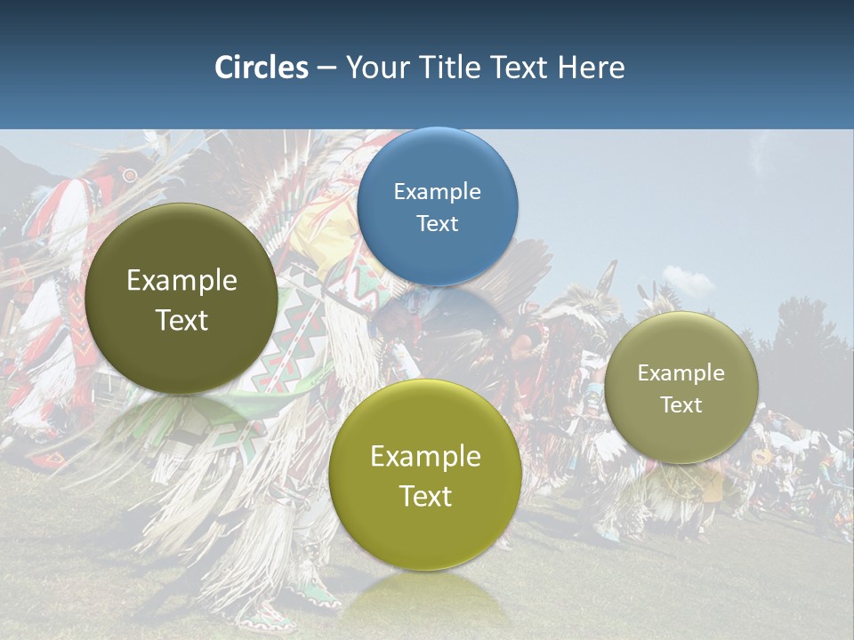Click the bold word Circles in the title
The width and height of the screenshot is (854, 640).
(x=262, y=68)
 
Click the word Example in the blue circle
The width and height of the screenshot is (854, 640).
(x=437, y=192)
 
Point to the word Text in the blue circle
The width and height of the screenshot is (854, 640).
(x=437, y=224)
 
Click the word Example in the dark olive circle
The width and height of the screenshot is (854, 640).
(x=181, y=281)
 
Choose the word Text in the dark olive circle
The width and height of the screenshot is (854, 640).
(x=181, y=320)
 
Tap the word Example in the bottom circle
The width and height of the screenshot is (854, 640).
(x=425, y=457)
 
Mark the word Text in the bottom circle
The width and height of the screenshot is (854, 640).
(x=425, y=496)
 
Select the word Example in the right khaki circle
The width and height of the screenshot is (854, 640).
(x=681, y=373)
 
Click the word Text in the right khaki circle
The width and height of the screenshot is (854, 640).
(x=681, y=405)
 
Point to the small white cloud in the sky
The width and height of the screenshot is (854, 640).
(x=687, y=282)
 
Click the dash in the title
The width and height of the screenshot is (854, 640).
(x=326, y=68)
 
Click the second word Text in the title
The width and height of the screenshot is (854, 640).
(x=520, y=68)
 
